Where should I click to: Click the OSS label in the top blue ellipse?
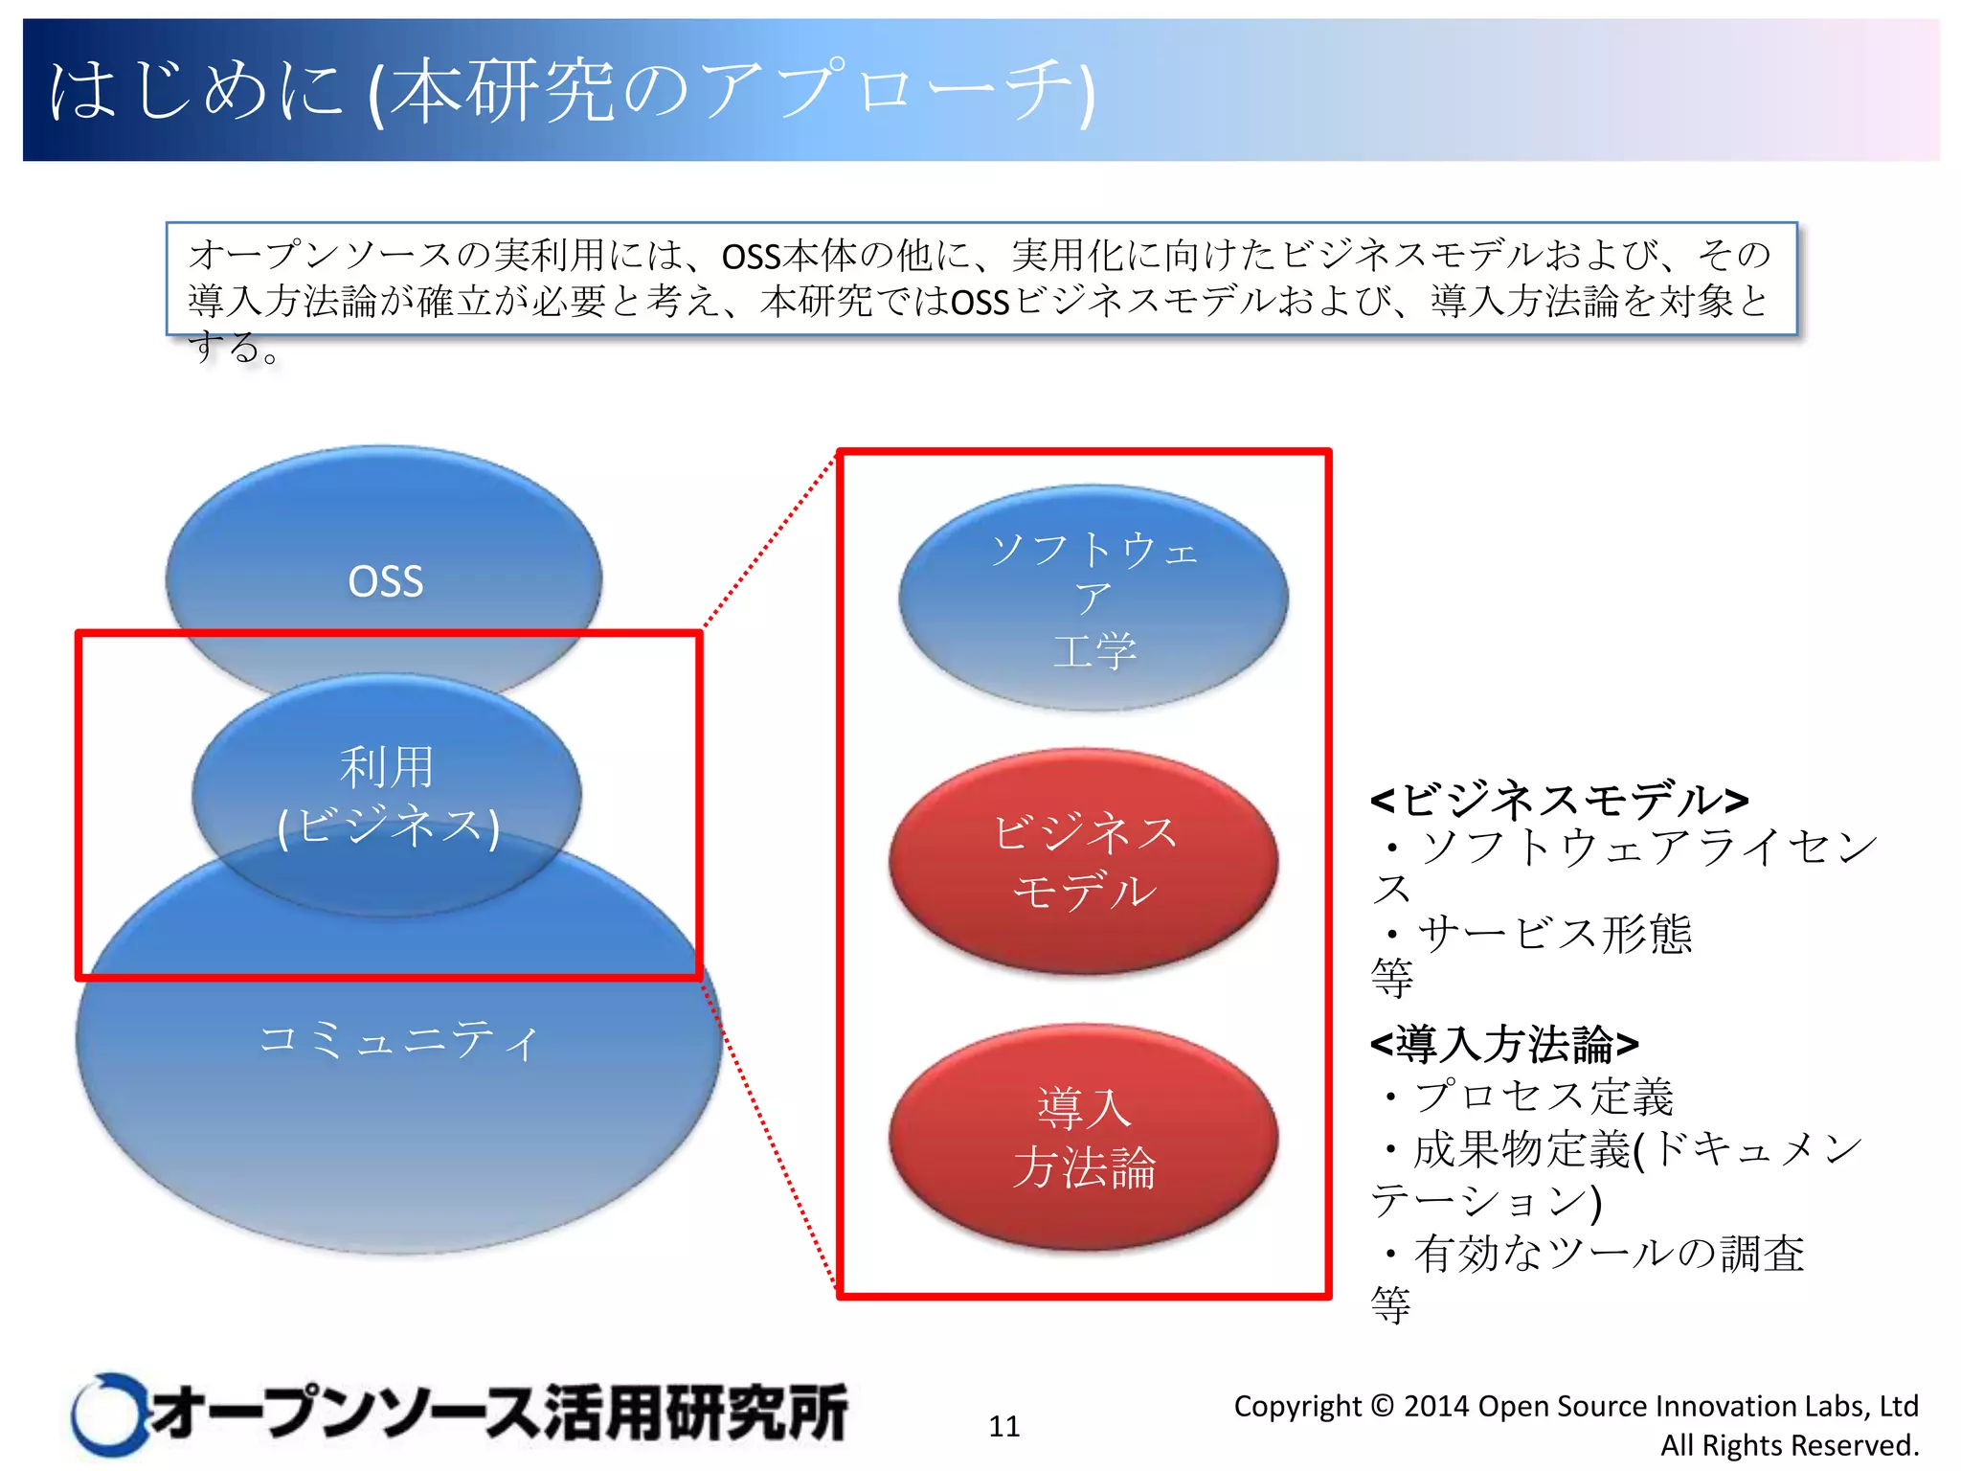tap(385, 581)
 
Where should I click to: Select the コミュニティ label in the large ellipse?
tap(398, 1040)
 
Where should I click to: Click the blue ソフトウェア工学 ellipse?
tap(1093, 599)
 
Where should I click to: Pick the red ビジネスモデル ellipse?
tap(1083, 862)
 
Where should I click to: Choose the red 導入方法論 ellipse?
tap(1083, 1138)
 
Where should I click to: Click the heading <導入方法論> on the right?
tap(1504, 1044)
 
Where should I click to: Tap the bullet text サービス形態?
tap(1553, 934)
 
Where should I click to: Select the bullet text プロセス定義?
tap(1544, 1097)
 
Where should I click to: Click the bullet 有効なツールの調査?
tap(1609, 1254)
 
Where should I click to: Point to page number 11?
tap(1003, 1426)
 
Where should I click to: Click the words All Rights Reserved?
tap(1789, 1445)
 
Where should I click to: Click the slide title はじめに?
tap(196, 91)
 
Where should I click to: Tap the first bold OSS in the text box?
tap(751, 257)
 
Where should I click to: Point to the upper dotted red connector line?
tap(771, 542)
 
